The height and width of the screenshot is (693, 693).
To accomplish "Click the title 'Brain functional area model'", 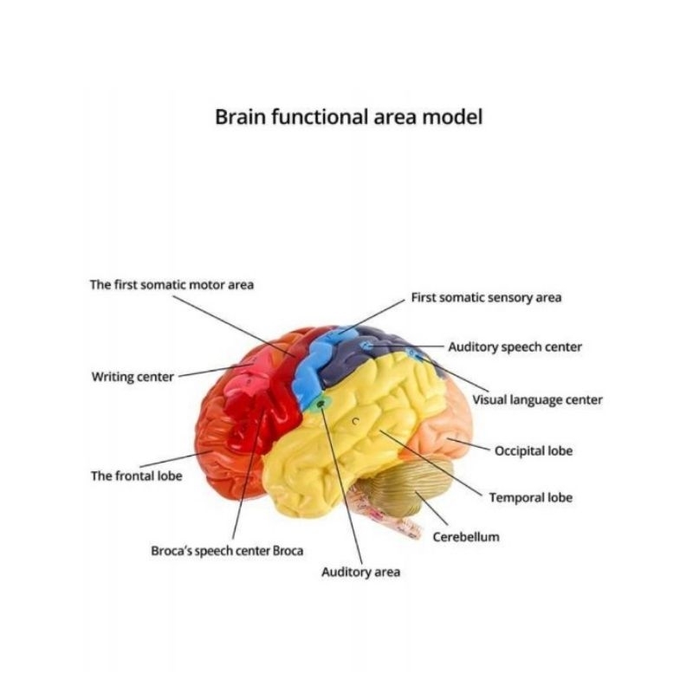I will [x=347, y=117].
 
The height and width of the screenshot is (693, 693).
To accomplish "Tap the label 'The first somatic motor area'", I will [x=172, y=284].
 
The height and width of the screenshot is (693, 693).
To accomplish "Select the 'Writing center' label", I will [x=133, y=377].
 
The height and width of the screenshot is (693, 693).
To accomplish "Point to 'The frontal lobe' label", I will [x=136, y=476].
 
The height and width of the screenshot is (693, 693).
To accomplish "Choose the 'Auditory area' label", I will [x=360, y=573].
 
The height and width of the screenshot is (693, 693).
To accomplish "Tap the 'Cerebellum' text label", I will [x=466, y=536].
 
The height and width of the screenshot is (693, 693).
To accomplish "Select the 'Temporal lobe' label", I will [x=530, y=498].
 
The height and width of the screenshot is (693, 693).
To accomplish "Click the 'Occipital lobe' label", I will [x=534, y=451].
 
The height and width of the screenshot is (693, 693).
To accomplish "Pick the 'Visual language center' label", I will [x=537, y=400].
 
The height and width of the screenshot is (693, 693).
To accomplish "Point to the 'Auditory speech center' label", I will [x=515, y=347].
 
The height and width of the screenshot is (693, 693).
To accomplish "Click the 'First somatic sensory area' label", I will [x=486, y=298].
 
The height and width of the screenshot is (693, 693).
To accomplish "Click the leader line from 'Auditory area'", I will [x=341, y=485].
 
